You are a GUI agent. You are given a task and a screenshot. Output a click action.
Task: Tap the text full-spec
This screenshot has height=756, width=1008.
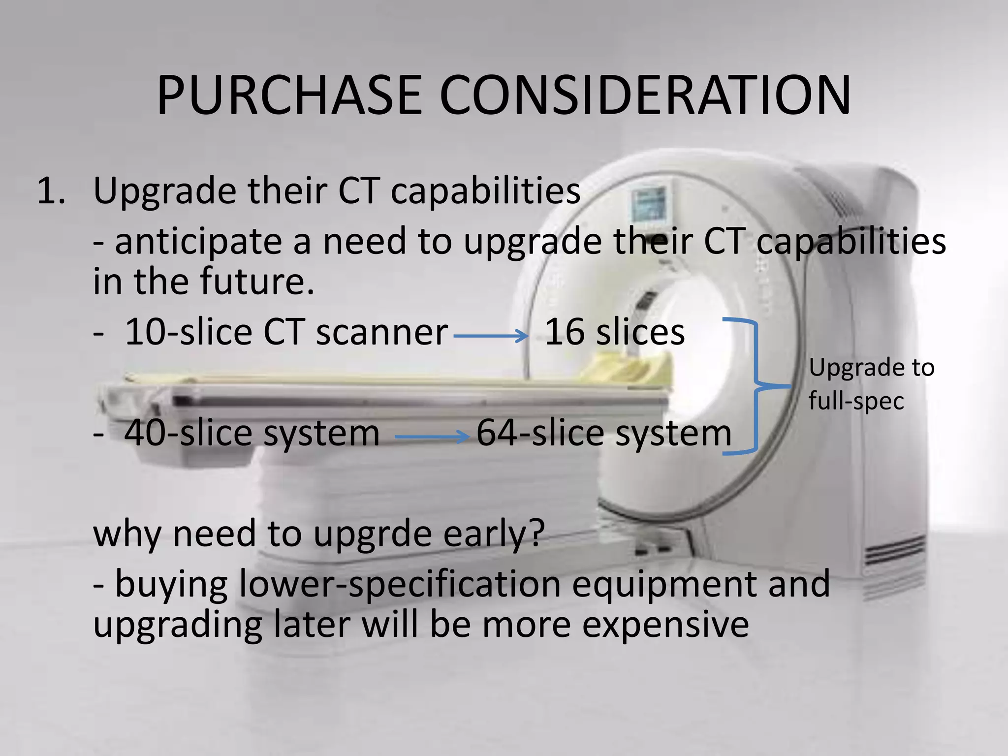tap(856, 401)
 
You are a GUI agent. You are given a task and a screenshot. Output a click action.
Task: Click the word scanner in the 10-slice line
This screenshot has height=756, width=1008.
tap(381, 332)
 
